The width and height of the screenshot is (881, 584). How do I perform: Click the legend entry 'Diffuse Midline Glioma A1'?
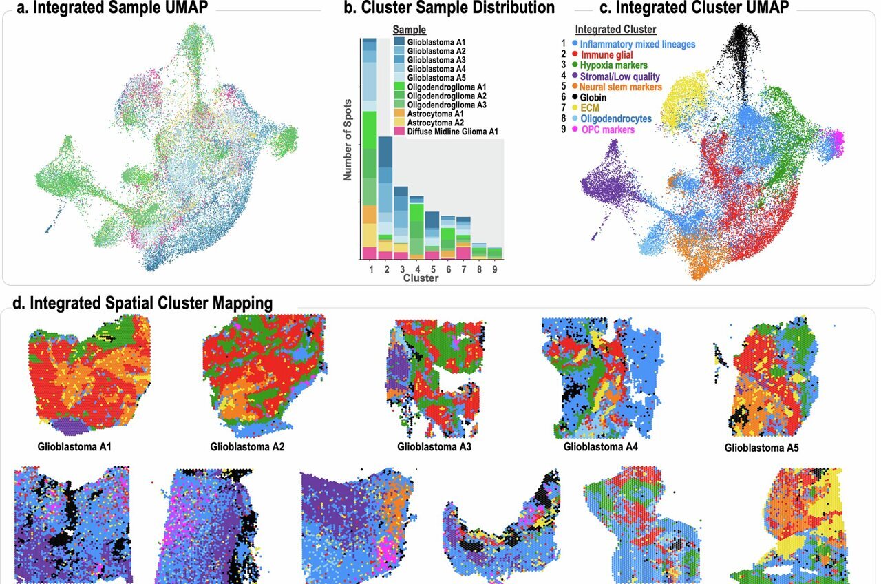(x=453, y=131)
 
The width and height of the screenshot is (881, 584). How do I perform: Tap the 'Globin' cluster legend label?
(x=594, y=98)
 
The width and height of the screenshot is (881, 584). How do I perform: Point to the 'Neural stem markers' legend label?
(x=620, y=87)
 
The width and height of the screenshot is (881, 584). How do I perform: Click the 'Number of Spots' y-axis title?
(x=348, y=142)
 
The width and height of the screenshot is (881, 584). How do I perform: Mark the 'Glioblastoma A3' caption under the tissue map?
(x=434, y=446)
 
